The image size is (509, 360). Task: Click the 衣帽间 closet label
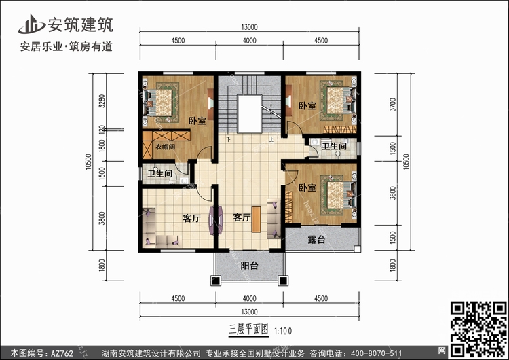[165, 147]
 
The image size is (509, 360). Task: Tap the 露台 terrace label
[316, 240]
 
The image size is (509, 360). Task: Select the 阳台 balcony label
[249, 266]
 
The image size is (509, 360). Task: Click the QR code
[478, 329]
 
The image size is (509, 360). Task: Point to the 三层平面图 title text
[248, 329]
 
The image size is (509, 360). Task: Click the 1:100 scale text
[283, 331]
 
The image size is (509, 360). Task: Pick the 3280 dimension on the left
[102, 101]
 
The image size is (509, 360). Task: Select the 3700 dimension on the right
[393, 105]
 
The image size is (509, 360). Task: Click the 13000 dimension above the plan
[249, 27]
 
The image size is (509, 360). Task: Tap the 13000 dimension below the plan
[249, 312]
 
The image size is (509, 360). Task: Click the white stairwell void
[249, 113]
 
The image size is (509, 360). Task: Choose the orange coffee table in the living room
[256, 219]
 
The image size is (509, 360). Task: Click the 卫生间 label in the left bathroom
[159, 173]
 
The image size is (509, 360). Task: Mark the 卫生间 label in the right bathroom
[334, 146]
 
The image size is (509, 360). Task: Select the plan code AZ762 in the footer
[62, 353]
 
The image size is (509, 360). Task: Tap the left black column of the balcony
[216, 281]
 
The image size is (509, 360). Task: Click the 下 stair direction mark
[229, 139]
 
